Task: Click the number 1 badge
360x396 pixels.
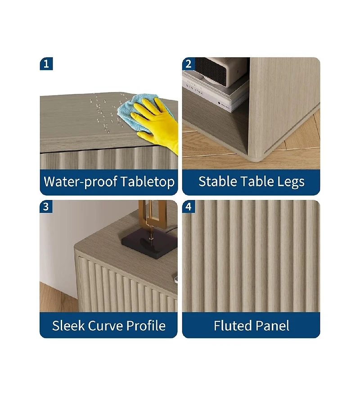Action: (46, 64)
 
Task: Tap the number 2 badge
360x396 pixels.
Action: (189, 64)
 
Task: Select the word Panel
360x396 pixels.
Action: (273, 325)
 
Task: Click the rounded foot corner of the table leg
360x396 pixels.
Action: (254, 155)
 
